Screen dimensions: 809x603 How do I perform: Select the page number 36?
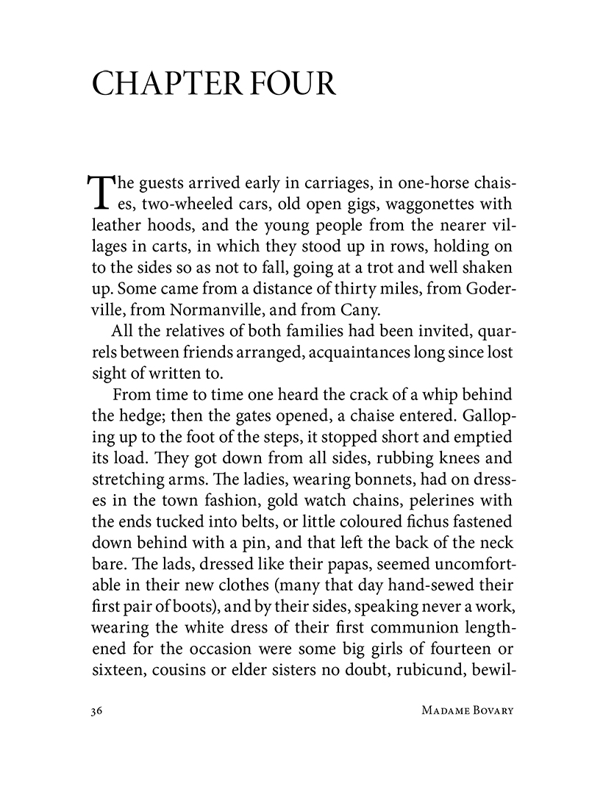coord(94,711)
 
